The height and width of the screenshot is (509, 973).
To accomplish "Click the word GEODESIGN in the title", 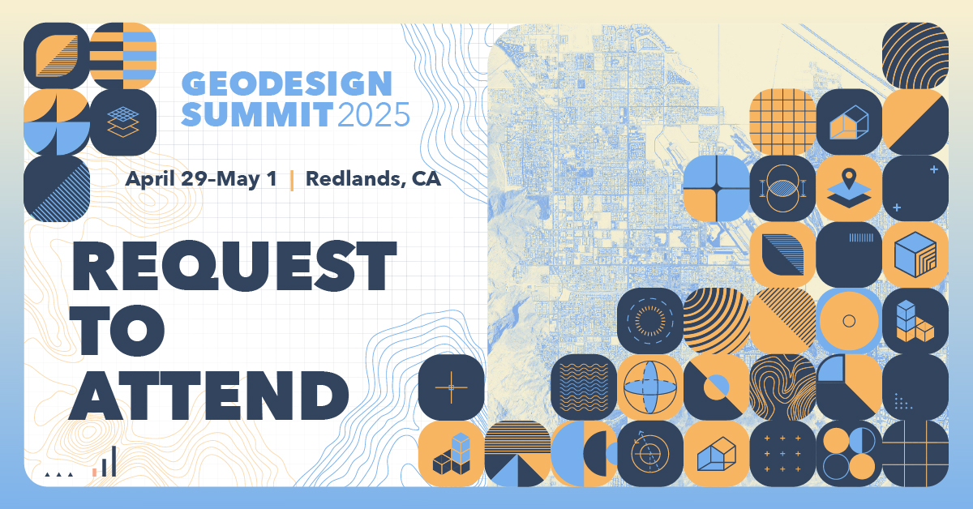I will tap(286, 83).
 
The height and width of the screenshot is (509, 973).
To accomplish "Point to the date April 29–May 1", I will tap(201, 179).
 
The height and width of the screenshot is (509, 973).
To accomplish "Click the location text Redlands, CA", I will tap(373, 179).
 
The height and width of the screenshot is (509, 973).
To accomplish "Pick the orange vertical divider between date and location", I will tap(291, 180).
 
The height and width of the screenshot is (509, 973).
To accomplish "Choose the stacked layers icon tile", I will tap(122, 122).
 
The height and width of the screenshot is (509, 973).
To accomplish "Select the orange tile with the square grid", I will tap(782, 122).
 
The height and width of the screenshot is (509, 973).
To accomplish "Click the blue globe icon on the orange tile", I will tap(649, 387).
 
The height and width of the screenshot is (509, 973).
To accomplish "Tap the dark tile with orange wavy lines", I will tap(584, 387).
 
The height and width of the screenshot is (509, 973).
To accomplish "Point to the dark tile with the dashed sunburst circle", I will tap(649, 321).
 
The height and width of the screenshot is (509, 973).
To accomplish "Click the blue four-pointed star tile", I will tap(716, 188).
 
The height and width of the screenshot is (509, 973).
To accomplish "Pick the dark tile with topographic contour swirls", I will tap(782, 387).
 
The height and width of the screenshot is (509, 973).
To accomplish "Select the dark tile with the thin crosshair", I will tap(451, 387).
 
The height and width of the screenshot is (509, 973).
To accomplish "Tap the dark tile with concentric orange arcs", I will tap(915, 55).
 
